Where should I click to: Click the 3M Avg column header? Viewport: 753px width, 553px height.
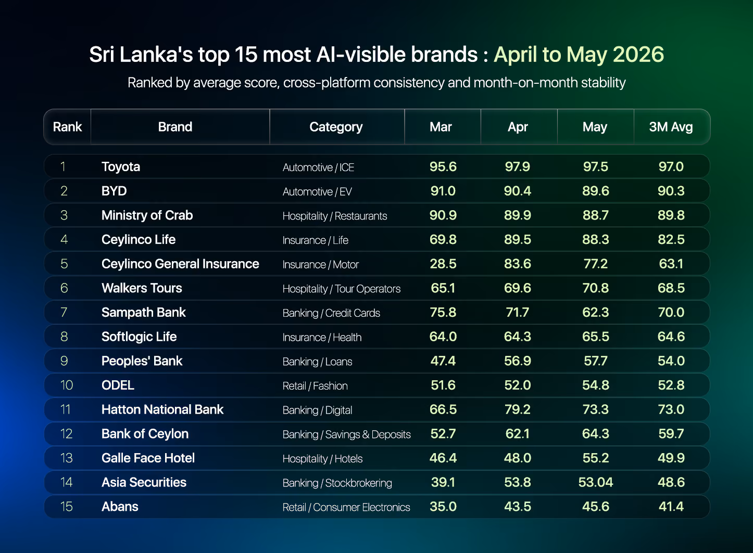pyautogui.click(x=671, y=127)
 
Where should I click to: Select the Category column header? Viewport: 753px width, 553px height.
pyautogui.click(x=336, y=127)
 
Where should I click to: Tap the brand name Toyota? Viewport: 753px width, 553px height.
pyautogui.click(x=121, y=167)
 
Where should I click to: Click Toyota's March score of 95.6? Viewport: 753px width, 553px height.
pyautogui.click(x=443, y=166)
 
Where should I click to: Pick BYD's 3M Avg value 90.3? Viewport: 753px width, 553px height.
pyautogui.click(x=671, y=191)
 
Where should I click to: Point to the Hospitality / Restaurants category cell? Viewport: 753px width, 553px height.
pyautogui.click(x=334, y=216)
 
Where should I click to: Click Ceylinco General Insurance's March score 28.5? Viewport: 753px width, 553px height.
pyautogui.click(x=443, y=264)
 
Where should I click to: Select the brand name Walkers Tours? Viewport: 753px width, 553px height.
pyautogui.click(x=142, y=288)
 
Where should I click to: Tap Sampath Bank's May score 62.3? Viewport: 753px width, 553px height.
pyautogui.click(x=595, y=312)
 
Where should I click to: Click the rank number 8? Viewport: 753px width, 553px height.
pyautogui.click(x=64, y=337)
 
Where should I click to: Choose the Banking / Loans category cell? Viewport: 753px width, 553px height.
pyautogui.click(x=317, y=362)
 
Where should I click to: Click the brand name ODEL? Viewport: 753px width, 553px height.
pyautogui.click(x=118, y=385)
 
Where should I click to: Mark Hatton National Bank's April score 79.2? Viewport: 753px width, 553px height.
pyautogui.click(x=517, y=409)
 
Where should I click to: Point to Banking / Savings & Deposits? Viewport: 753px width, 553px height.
pyautogui.click(x=347, y=434)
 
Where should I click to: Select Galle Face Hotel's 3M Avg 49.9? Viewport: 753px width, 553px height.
pyautogui.click(x=671, y=458)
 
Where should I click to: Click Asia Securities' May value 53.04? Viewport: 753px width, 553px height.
pyautogui.click(x=595, y=482)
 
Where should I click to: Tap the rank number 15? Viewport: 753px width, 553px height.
pyautogui.click(x=66, y=507)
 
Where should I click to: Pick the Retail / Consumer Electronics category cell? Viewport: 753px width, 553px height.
pyautogui.click(x=346, y=507)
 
